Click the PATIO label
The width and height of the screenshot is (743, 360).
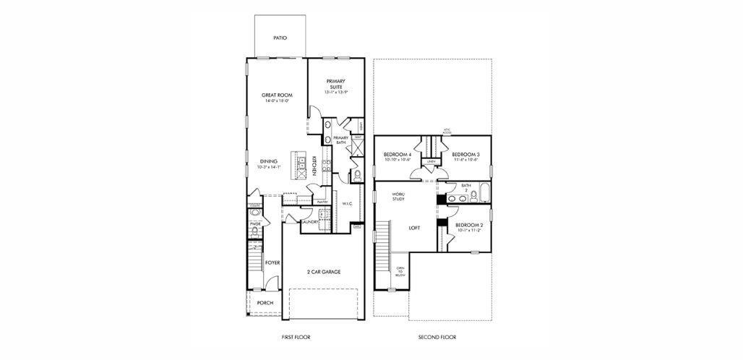(x=280, y=38)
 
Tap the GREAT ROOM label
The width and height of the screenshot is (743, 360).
(x=276, y=95)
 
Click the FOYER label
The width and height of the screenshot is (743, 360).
(x=272, y=263)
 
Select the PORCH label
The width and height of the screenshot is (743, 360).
(x=265, y=303)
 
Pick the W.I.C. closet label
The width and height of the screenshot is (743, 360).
(x=347, y=204)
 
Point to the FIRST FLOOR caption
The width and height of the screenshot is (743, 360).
(x=296, y=338)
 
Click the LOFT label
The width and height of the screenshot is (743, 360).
(x=414, y=228)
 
